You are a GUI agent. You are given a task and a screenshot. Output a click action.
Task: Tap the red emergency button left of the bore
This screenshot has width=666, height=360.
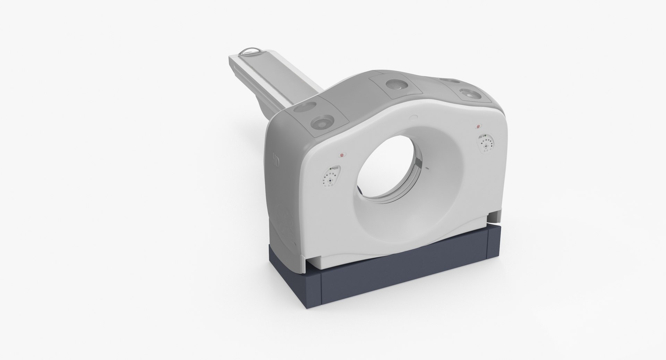tap(342, 155)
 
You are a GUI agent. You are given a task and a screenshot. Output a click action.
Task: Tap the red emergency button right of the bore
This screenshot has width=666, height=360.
tap(479, 126)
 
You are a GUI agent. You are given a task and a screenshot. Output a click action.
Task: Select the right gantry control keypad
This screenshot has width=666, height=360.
tap(486, 143)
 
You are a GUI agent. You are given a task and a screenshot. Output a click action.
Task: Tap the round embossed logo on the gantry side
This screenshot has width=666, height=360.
tap(284, 222)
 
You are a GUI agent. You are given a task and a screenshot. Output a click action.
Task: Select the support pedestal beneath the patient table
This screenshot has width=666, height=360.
tap(277, 102)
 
